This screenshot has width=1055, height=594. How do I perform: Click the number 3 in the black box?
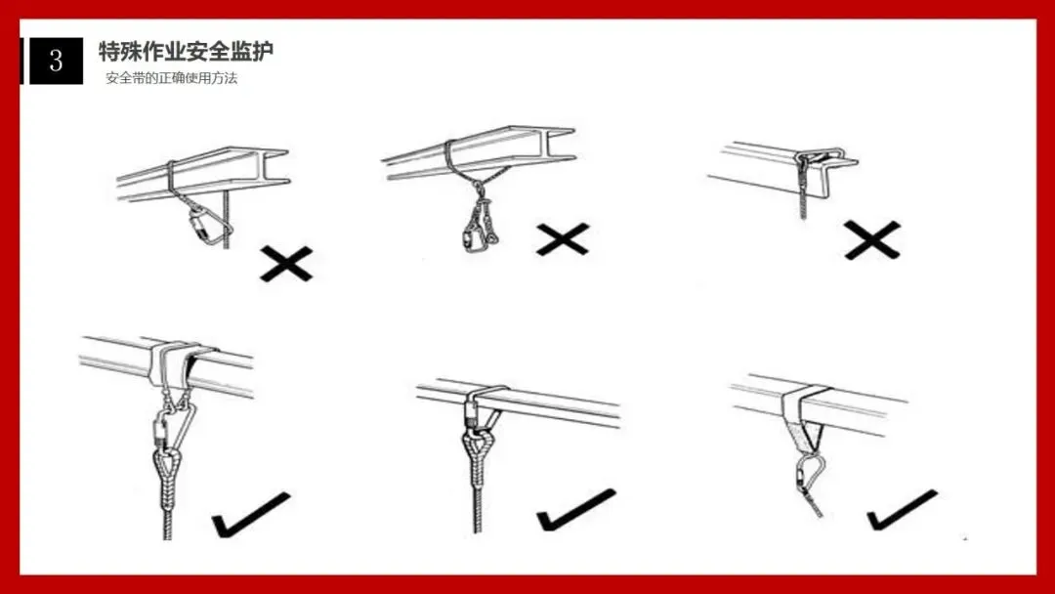[56, 62]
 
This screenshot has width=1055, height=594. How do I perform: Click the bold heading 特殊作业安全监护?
[187, 51]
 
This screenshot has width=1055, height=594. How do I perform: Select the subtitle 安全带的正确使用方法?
[172, 78]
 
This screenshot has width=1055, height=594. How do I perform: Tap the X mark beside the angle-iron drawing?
[872, 240]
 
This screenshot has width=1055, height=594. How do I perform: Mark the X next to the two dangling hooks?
[564, 239]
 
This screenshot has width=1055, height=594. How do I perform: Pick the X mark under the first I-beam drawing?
[286, 264]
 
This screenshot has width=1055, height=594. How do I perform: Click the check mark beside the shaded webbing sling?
[902, 511]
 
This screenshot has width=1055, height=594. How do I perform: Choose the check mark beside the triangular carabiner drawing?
[251, 515]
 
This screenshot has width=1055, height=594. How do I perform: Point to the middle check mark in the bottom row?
[576, 510]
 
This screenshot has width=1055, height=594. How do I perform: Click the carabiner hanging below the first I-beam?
[204, 225]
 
